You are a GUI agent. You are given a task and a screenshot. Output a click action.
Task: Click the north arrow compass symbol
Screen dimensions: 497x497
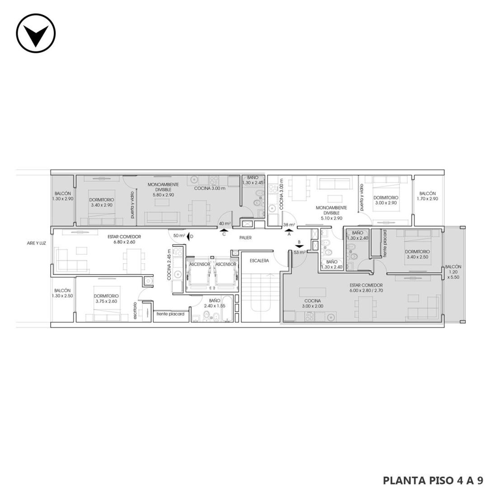point(36,33)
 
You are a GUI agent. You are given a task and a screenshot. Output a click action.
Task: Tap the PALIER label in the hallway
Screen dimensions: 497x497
point(245,237)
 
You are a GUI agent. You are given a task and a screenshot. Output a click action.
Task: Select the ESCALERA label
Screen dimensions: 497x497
point(259,261)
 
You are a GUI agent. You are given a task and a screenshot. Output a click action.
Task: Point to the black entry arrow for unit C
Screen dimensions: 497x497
point(224,231)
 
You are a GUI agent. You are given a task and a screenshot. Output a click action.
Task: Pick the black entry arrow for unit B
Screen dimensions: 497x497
point(299,246)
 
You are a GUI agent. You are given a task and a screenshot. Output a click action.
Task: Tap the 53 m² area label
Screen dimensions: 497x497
point(300,253)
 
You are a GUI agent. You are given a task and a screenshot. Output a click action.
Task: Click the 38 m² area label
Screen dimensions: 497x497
point(289,225)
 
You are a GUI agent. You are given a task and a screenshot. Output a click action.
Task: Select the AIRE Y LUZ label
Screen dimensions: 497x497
point(37,244)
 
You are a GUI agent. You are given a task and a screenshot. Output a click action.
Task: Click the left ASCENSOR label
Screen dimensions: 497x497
point(199,264)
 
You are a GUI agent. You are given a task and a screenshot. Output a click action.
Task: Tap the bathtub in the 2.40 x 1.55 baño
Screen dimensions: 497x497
point(228,309)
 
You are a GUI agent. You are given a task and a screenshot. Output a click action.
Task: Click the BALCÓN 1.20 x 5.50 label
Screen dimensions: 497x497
point(453,272)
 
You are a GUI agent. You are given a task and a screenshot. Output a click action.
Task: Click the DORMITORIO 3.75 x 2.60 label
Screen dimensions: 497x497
point(106,299)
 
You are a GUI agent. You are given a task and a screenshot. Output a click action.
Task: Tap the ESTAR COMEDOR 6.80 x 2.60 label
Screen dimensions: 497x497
point(124,239)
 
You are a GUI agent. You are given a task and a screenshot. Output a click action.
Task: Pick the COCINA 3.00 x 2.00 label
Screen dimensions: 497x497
point(313,303)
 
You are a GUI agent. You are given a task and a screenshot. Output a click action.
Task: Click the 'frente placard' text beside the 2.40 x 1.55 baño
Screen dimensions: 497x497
point(170,314)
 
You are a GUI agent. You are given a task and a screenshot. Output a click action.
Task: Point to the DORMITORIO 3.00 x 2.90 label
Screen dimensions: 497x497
point(386,200)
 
